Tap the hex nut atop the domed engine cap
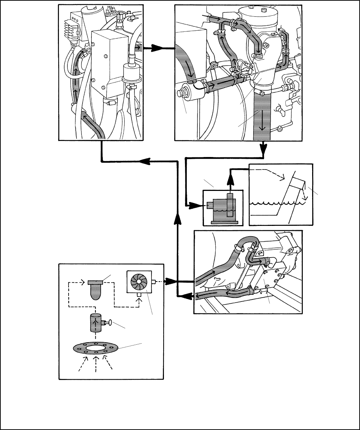252,7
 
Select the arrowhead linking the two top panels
157,47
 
